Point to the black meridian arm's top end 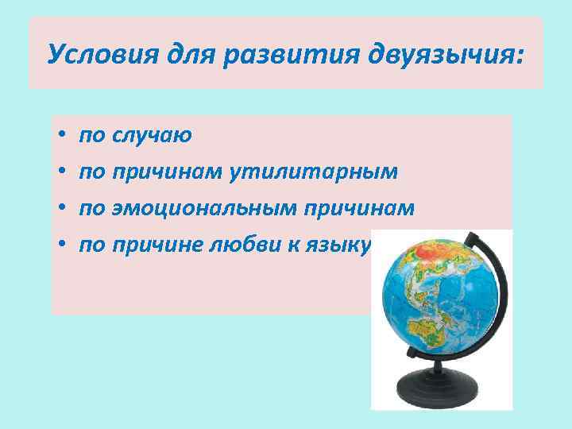(x=468, y=237)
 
